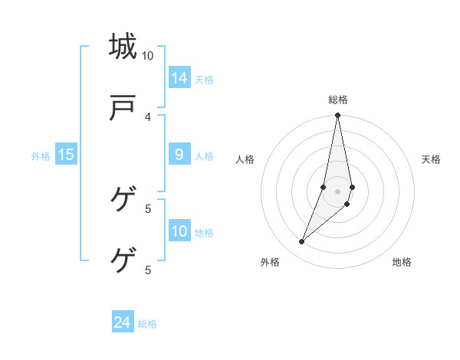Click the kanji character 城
click(x=123, y=47)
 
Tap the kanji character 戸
click(x=123, y=109)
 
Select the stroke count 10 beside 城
click(x=148, y=56)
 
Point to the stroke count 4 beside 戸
click(x=148, y=116)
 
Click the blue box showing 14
click(x=179, y=77)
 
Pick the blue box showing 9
click(x=179, y=155)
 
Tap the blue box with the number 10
click(x=179, y=231)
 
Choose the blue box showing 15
click(x=66, y=155)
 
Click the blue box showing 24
click(x=123, y=322)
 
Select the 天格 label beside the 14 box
click(x=204, y=79)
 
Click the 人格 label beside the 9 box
click(x=204, y=156)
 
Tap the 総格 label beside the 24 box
click(x=147, y=324)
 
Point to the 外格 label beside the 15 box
click(x=41, y=156)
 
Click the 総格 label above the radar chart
click(x=338, y=100)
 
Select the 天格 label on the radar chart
click(x=432, y=159)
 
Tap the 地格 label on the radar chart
click(x=402, y=262)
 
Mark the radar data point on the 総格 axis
click(x=338, y=116)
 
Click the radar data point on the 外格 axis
click(x=302, y=241)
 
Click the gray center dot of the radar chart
click(x=338, y=191)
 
